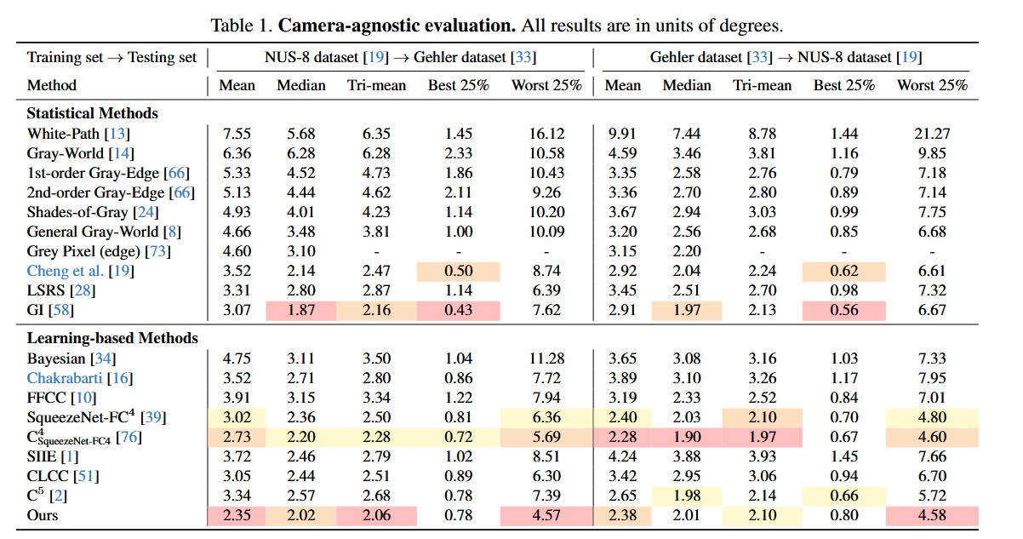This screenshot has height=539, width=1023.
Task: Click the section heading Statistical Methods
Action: (92, 113)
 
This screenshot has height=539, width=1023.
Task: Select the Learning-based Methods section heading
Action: (112, 338)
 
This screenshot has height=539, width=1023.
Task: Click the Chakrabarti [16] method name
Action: (80, 378)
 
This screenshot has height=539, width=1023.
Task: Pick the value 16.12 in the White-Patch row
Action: (546, 134)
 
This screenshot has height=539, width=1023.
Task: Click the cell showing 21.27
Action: (932, 134)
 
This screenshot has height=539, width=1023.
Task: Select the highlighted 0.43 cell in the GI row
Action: (459, 310)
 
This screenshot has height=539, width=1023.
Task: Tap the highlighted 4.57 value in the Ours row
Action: (546, 515)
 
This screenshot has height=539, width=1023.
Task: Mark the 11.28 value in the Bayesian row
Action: (546, 358)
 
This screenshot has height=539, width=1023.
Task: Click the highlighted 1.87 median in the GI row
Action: (300, 310)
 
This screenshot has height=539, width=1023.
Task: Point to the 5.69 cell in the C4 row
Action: (546, 437)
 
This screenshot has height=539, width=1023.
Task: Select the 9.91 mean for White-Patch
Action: (623, 134)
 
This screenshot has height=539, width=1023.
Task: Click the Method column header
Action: (52, 85)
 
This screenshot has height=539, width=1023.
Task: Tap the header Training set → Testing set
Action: (111, 58)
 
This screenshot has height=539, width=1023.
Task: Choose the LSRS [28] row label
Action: (60, 290)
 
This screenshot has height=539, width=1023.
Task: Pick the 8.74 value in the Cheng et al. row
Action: (546, 271)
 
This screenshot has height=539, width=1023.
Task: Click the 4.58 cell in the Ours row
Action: (932, 515)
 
